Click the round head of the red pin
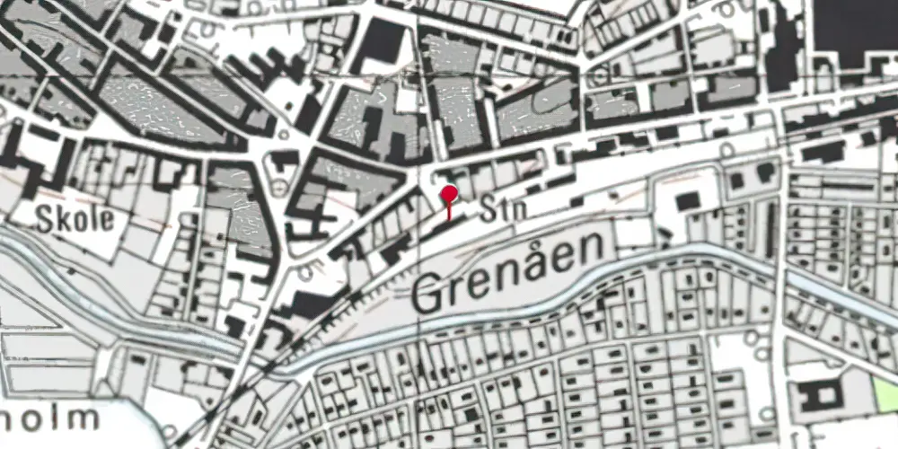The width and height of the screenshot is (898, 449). [x=449, y=191]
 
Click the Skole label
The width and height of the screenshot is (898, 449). [x=75, y=219]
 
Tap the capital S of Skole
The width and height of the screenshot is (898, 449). [x=47, y=219]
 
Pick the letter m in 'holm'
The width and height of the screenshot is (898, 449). [x=80, y=418]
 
